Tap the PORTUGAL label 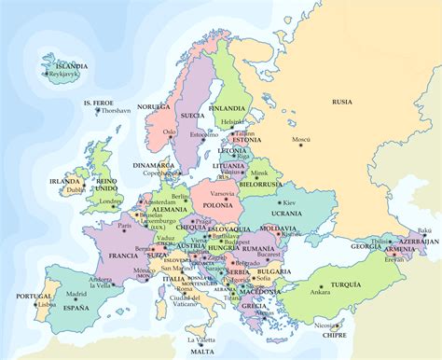coord(22,297)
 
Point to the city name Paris coord(123,225)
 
